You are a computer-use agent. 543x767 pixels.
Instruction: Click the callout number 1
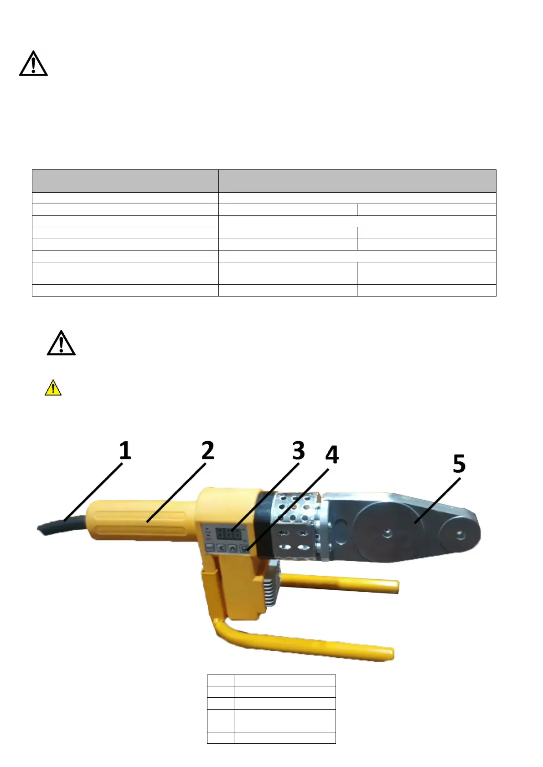(125, 450)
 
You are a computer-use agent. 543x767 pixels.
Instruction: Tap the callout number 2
(208, 450)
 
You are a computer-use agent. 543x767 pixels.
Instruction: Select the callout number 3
(298, 450)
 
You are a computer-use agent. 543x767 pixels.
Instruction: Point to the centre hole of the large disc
(388, 532)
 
